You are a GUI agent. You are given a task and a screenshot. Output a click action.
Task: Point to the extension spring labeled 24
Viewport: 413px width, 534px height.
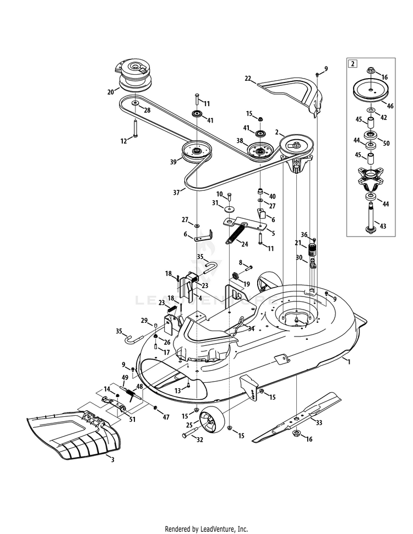tap(236, 234)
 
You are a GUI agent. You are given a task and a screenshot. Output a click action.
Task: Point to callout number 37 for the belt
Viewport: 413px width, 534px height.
tap(177, 192)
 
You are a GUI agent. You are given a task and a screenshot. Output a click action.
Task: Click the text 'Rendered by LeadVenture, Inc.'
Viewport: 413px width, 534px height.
tap(206, 529)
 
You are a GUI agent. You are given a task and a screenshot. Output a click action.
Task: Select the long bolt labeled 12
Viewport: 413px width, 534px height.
tap(135, 129)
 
